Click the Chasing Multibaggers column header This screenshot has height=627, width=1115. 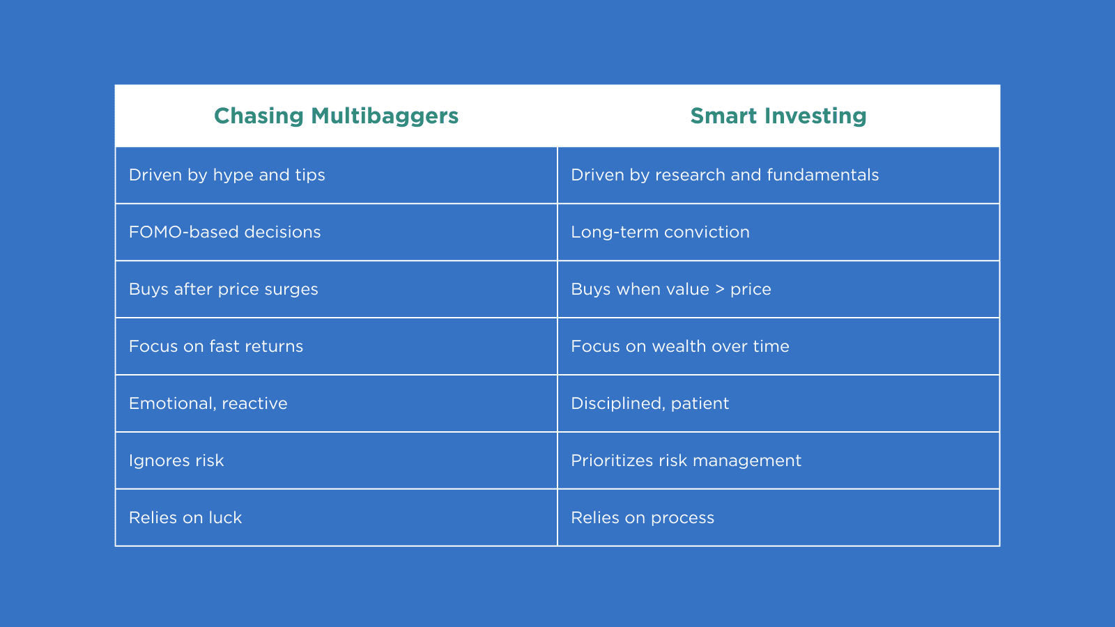[x=336, y=116]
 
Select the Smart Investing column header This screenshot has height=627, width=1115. [x=778, y=116]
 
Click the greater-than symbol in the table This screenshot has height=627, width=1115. [x=720, y=289]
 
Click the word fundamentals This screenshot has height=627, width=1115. [x=823, y=175]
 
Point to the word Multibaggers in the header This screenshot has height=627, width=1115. [x=385, y=116]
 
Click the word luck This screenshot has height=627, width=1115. [x=225, y=518]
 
